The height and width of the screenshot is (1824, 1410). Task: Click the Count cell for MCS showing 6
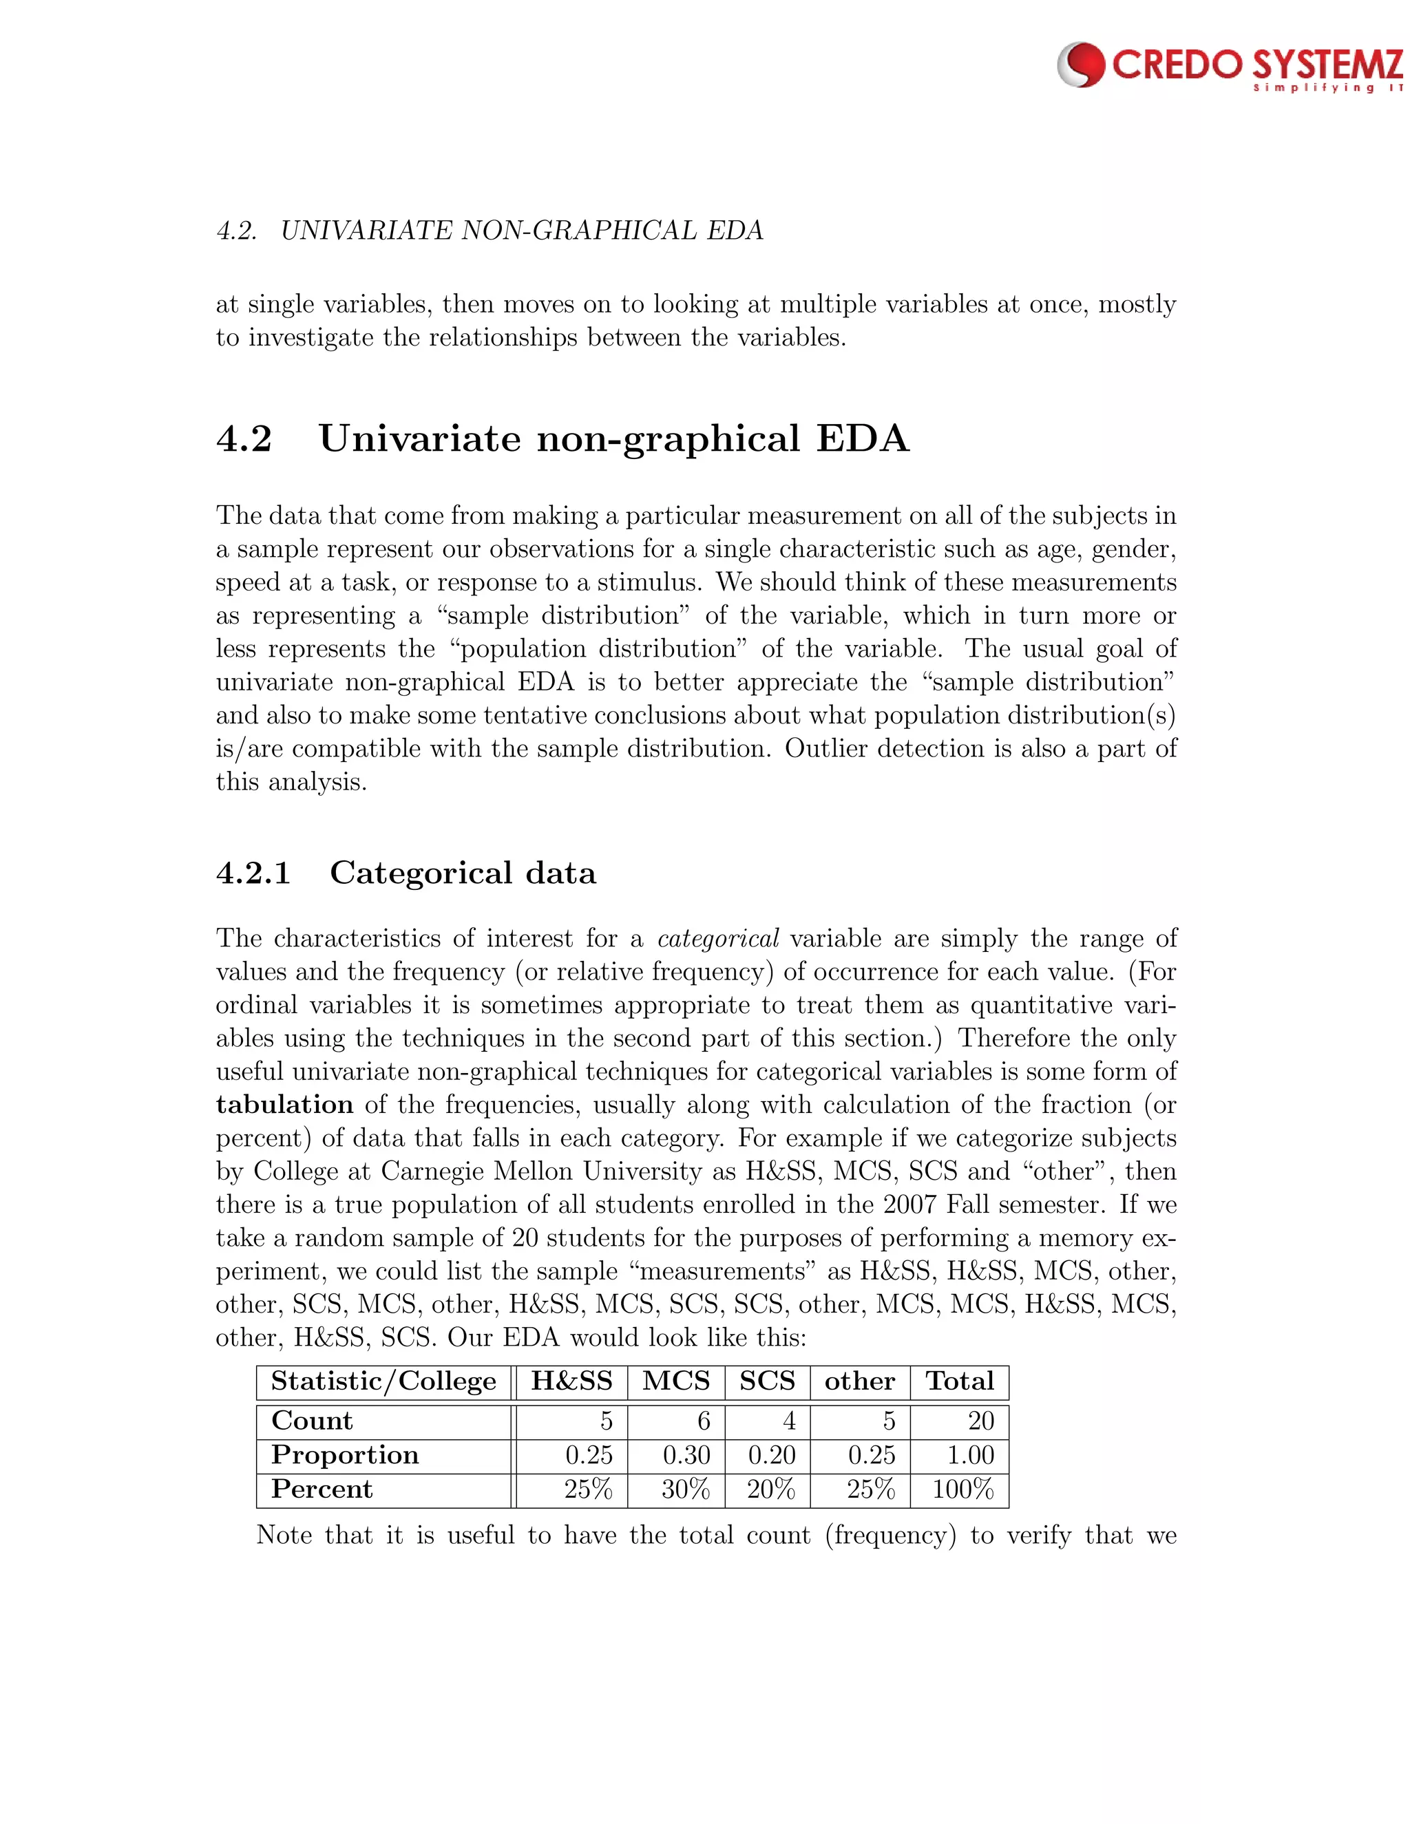pos(704,1421)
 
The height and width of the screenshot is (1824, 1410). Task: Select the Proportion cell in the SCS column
pos(771,1455)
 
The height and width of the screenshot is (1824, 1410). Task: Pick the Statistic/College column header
pos(383,1381)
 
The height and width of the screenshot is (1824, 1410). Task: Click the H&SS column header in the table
pos(571,1381)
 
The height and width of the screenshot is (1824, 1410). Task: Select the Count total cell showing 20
pos(980,1421)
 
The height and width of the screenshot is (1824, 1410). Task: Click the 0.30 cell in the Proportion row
pos(686,1455)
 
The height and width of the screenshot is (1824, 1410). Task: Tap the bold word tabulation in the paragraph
pos(284,1105)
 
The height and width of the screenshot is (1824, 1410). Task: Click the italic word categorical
pos(718,939)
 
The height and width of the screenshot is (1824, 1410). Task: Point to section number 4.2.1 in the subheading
pos(253,873)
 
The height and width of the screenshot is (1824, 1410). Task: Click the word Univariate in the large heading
pos(419,439)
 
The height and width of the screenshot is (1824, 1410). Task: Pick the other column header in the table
pos(859,1381)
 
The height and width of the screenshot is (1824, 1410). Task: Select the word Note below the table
pos(284,1535)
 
